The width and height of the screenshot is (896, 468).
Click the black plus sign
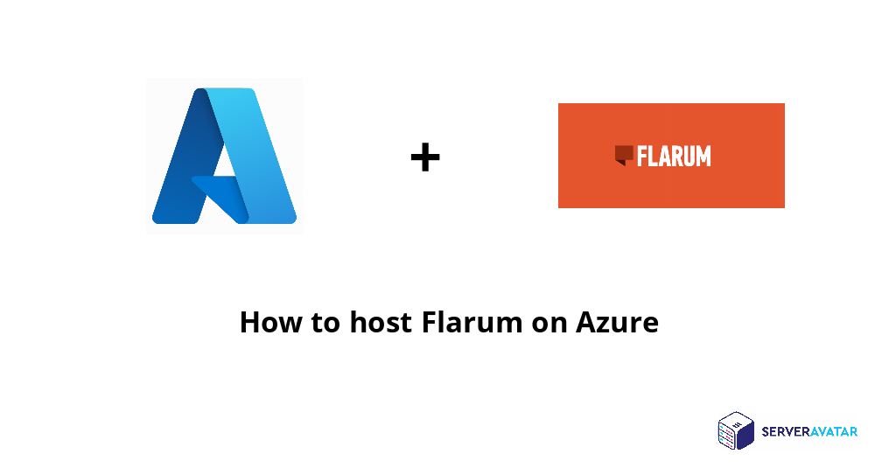click(x=425, y=158)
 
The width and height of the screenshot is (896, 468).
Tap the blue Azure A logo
click(x=224, y=156)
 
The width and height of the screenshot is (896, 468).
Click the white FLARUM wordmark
click(x=673, y=157)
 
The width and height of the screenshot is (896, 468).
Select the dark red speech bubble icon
click(x=624, y=155)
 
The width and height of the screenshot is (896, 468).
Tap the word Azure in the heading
click(x=617, y=323)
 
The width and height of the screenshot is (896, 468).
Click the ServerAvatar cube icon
click(x=736, y=430)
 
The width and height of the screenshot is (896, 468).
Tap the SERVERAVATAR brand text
click(x=809, y=431)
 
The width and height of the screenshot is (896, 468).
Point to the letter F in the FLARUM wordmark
click(x=642, y=157)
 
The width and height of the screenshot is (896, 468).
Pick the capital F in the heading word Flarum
click(x=429, y=323)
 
